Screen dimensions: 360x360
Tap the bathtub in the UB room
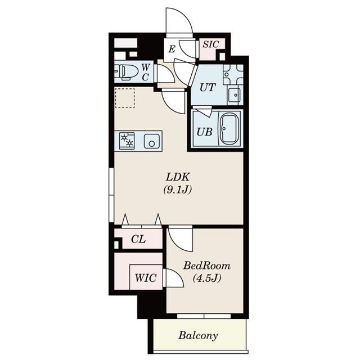point(229,129)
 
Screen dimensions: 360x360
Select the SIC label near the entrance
point(211,44)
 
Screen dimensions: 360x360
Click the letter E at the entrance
point(172,49)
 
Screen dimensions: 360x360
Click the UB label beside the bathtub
point(204,133)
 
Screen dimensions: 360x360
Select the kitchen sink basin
point(151,141)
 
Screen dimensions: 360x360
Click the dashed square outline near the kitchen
point(125,97)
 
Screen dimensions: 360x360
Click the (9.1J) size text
point(178,190)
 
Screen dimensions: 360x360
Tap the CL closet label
point(138,239)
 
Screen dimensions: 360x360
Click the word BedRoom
point(206,265)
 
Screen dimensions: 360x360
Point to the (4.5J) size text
point(206,278)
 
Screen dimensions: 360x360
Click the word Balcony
point(198,336)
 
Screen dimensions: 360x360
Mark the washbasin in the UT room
point(233,94)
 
